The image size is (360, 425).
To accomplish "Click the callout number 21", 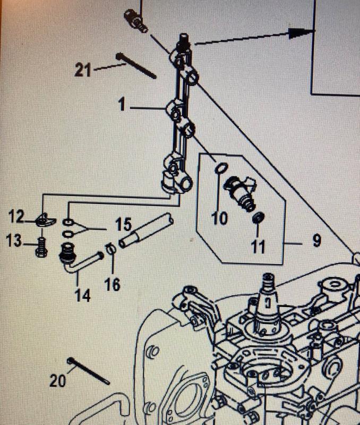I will coord(83,70).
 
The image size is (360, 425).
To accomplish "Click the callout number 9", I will coord(316,241).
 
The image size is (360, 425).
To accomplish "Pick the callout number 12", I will coord(16,216).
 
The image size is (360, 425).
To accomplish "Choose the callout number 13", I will coord(15,242).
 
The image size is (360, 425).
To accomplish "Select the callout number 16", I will coord(113,285).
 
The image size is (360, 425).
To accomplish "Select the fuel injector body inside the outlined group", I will coord(242,192).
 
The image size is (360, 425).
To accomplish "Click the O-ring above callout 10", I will coord(220,169).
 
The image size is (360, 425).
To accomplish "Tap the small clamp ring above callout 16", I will coord(110,248).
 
